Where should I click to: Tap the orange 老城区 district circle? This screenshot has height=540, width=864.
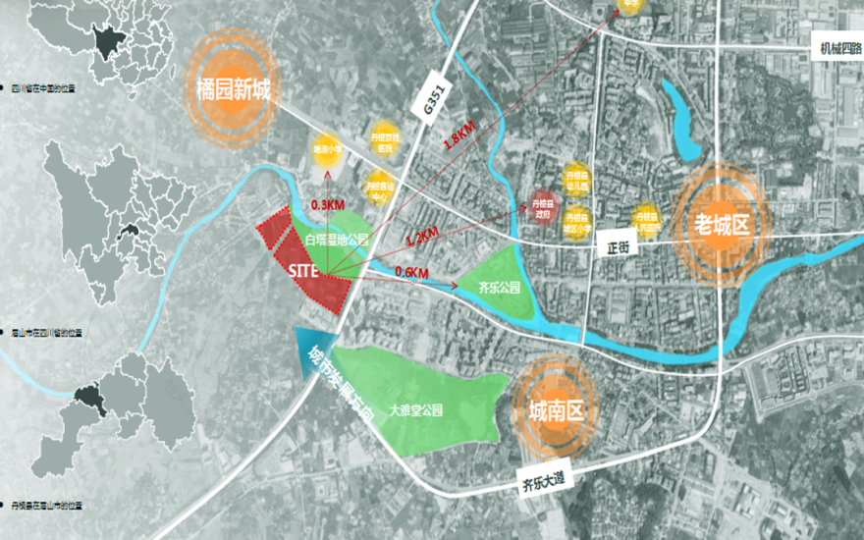tap(721, 224)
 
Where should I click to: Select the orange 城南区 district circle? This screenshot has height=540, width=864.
tap(556, 410)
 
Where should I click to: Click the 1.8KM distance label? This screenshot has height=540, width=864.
tap(459, 135)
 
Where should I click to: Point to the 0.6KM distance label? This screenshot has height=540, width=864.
tap(413, 272)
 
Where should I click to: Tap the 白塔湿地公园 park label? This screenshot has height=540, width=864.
tap(336, 239)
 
